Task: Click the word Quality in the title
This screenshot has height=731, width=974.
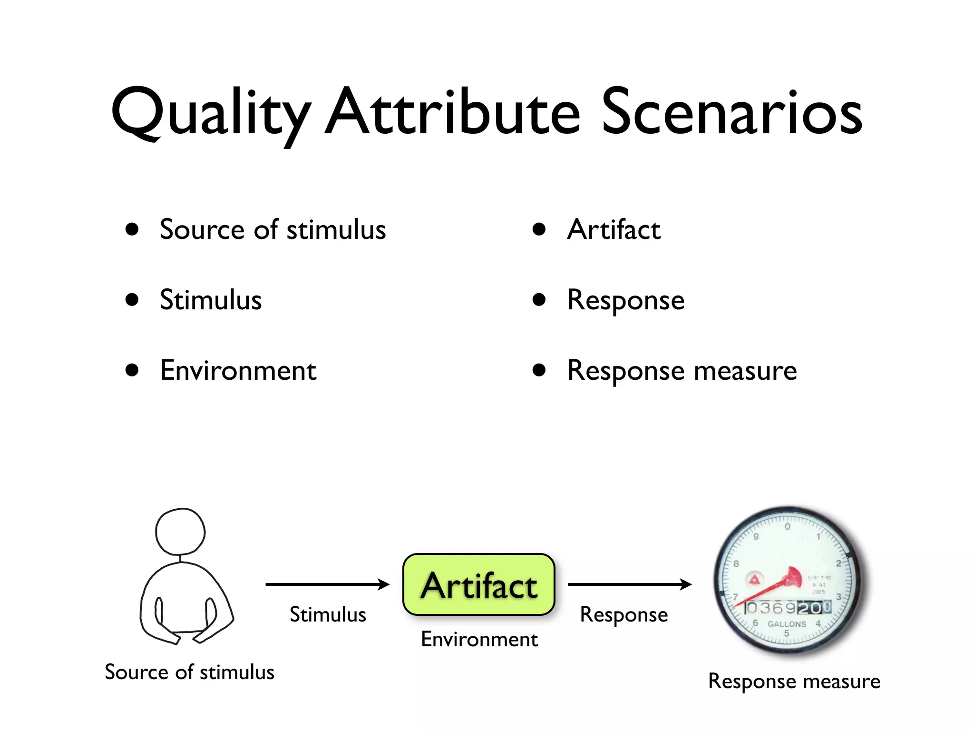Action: pos(209,114)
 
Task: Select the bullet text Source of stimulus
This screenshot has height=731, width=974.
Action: pos(273,230)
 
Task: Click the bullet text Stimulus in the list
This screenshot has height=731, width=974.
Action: pos(211,300)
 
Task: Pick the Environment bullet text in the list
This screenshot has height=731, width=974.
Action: pos(238,371)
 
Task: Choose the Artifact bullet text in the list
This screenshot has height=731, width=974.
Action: pos(614,230)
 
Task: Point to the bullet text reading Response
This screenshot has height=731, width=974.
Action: pos(625,300)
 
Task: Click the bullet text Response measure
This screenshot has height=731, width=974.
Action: pos(682,371)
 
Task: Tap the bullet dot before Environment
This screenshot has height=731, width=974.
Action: pos(132,370)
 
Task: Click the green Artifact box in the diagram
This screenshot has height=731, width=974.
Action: pos(478,584)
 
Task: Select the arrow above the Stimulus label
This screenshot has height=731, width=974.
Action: pos(327,584)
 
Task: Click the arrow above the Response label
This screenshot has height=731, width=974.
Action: pos(629,584)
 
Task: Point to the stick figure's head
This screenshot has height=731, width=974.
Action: pos(180,532)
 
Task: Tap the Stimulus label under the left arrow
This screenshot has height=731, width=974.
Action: pos(328,614)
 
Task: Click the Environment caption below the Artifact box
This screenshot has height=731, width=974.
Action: pos(479,639)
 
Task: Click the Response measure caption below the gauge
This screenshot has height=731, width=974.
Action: pos(794,681)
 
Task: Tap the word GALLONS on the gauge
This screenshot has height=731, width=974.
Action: pos(787,624)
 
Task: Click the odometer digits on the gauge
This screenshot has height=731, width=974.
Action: pos(787,608)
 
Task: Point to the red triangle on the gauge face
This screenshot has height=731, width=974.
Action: pos(754,580)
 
